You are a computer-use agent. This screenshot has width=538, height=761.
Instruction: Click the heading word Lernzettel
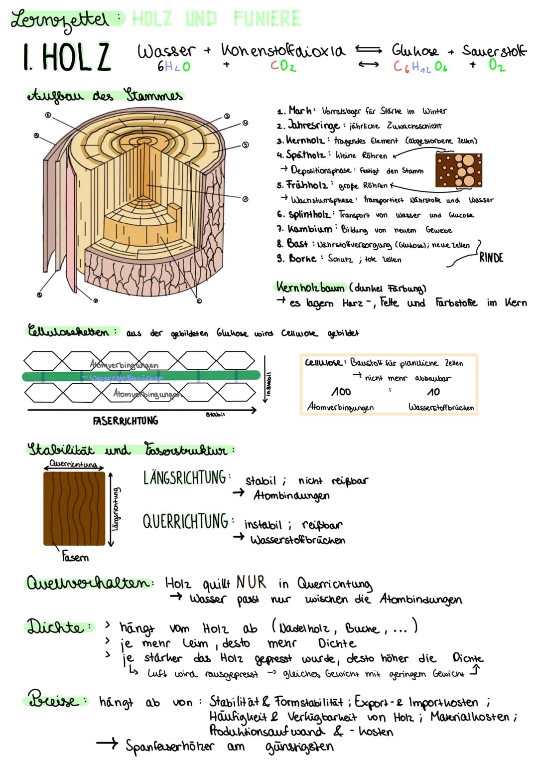point(60,20)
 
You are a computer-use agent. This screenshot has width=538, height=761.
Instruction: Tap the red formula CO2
point(283,66)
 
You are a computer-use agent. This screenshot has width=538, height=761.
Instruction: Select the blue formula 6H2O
point(173,66)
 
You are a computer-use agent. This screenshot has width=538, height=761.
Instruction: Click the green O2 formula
point(497,65)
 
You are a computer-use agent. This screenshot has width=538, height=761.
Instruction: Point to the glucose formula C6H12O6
point(420,66)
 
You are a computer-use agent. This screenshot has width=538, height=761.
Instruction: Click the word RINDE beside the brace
point(491,258)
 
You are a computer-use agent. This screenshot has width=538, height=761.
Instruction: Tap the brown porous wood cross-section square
point(459,170)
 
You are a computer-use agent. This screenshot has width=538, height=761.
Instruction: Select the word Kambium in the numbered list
point(310,229)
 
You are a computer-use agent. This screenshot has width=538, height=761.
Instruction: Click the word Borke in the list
point(302,259)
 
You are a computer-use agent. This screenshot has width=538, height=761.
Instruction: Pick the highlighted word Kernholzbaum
point(310,288)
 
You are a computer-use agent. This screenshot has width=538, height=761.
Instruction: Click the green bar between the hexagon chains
point(141,376)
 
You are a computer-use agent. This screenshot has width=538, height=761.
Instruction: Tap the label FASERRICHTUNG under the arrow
point(126,421)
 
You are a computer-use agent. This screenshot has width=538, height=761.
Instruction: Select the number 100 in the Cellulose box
point(341,392)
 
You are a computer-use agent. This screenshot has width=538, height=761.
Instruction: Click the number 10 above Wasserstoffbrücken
point(433,392)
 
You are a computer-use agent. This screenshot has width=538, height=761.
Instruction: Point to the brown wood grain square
point(74,508)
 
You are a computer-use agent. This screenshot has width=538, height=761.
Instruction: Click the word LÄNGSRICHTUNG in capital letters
point(185,478)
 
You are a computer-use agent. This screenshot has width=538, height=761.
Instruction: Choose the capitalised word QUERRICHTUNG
point(185,522)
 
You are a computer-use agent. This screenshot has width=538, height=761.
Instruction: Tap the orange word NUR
point(251,582)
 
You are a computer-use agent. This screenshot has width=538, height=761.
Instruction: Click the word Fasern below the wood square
point(75,557)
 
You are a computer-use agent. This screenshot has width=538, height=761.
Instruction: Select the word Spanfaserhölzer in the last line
point(170,746)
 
